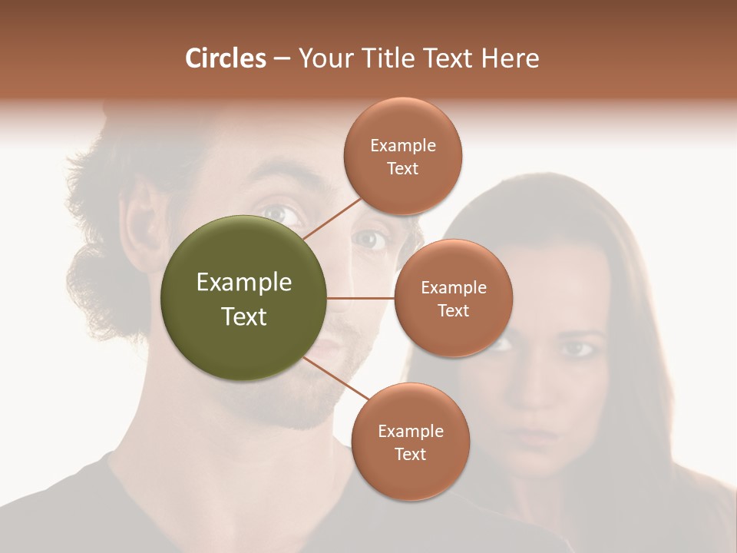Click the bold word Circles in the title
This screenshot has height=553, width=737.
pos(225,58)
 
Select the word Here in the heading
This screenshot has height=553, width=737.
pos(510,58)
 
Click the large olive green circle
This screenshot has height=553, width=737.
pos(244,298)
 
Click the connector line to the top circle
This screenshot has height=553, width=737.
pos(332,217)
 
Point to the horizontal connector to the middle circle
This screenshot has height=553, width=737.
pos(361,298)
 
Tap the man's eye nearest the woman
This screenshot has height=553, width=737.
pos(371,240)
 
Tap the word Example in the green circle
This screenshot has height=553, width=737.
pos(244,283)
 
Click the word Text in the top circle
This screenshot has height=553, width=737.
pos(403,169)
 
